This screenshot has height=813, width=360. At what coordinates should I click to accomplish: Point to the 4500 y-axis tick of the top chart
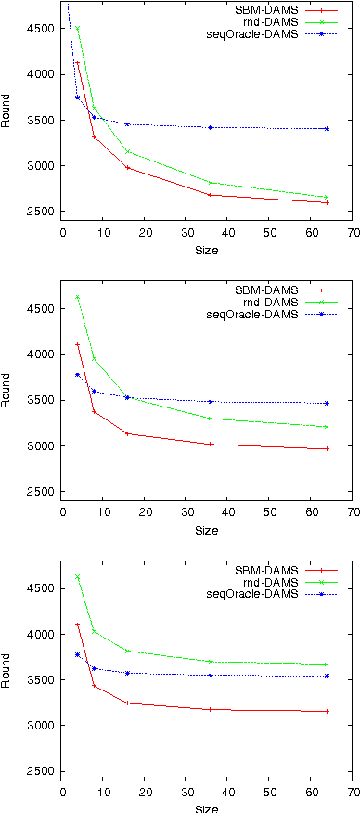tap(40, 28)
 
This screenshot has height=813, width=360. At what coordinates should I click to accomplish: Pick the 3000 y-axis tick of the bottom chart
tap(40, 726)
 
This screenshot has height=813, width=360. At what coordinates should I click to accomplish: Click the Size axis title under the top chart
tap(206, 250)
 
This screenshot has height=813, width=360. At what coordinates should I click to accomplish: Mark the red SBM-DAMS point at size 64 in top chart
tap(327, 202)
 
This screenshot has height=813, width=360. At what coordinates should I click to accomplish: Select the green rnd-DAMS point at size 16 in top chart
tap(128, 151)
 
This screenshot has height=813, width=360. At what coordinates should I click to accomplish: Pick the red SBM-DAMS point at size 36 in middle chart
tap(211, 445)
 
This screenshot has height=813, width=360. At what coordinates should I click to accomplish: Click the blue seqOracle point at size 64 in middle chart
tap(327, 403)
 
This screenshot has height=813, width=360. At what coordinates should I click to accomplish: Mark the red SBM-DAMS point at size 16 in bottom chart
tap(128, 703)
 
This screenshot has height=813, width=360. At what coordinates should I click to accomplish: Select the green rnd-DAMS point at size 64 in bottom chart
tap(327, 665)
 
